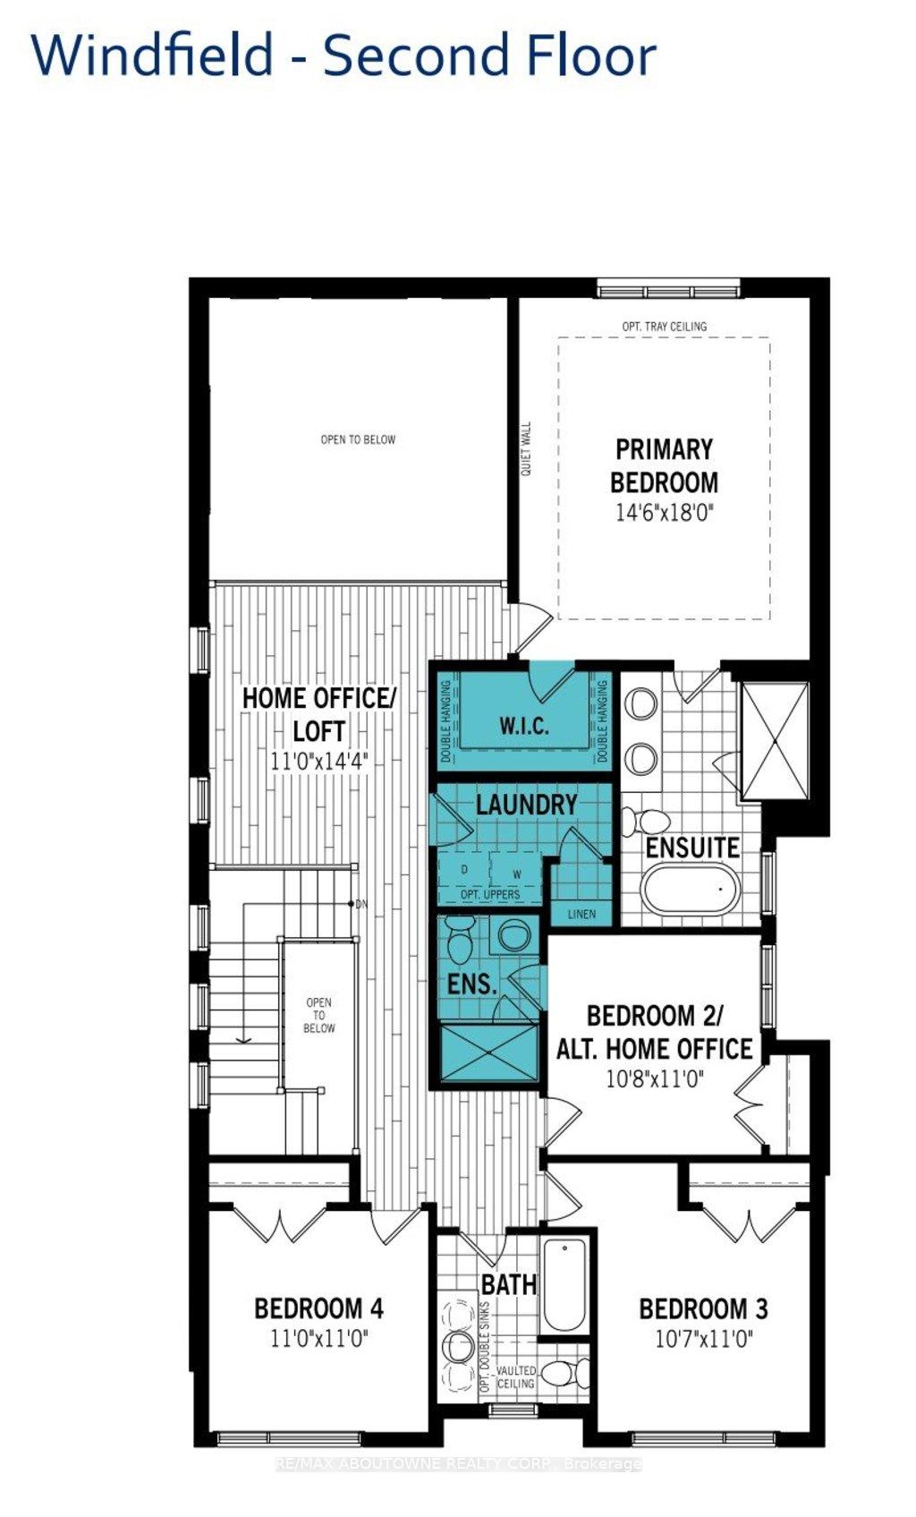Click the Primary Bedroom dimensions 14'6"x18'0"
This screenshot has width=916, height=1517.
(664, 513)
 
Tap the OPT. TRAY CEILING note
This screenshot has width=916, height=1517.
(664, 327)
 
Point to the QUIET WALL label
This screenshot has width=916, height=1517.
(526, 448)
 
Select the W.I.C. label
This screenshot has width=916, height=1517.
(523, 725)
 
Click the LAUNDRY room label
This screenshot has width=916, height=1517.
(526, 804)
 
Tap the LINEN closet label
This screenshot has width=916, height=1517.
(581, 915)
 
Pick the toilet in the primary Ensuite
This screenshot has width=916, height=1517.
(648, 820)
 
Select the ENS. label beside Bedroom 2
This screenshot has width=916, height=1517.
(471, 984)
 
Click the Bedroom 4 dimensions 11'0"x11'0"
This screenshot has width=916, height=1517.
(318, 1339)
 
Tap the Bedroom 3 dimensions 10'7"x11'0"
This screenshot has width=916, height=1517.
(703, 1339)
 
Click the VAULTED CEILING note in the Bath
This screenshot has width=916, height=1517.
(516, 1376)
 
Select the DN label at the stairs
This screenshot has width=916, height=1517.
(361, 904)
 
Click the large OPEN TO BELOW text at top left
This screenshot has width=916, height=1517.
(358, 439)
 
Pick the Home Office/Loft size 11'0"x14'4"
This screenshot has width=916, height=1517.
(318, 761)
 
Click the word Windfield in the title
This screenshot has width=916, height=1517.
(152, 55)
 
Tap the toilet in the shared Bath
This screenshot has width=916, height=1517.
(563, 1371)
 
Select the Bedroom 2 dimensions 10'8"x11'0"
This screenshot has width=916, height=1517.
(654, 1079)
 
